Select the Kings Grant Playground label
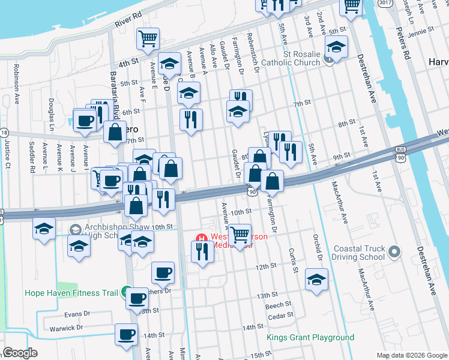(310, 338)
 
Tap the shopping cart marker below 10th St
(240, 235)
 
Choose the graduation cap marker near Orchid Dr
(316, 280)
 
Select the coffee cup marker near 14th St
(126, 335)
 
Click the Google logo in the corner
(21, 353)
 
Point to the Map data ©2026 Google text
(412, 355)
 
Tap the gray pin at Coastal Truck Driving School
(394, 251)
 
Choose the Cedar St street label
(281, 315)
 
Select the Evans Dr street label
(77, 314)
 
